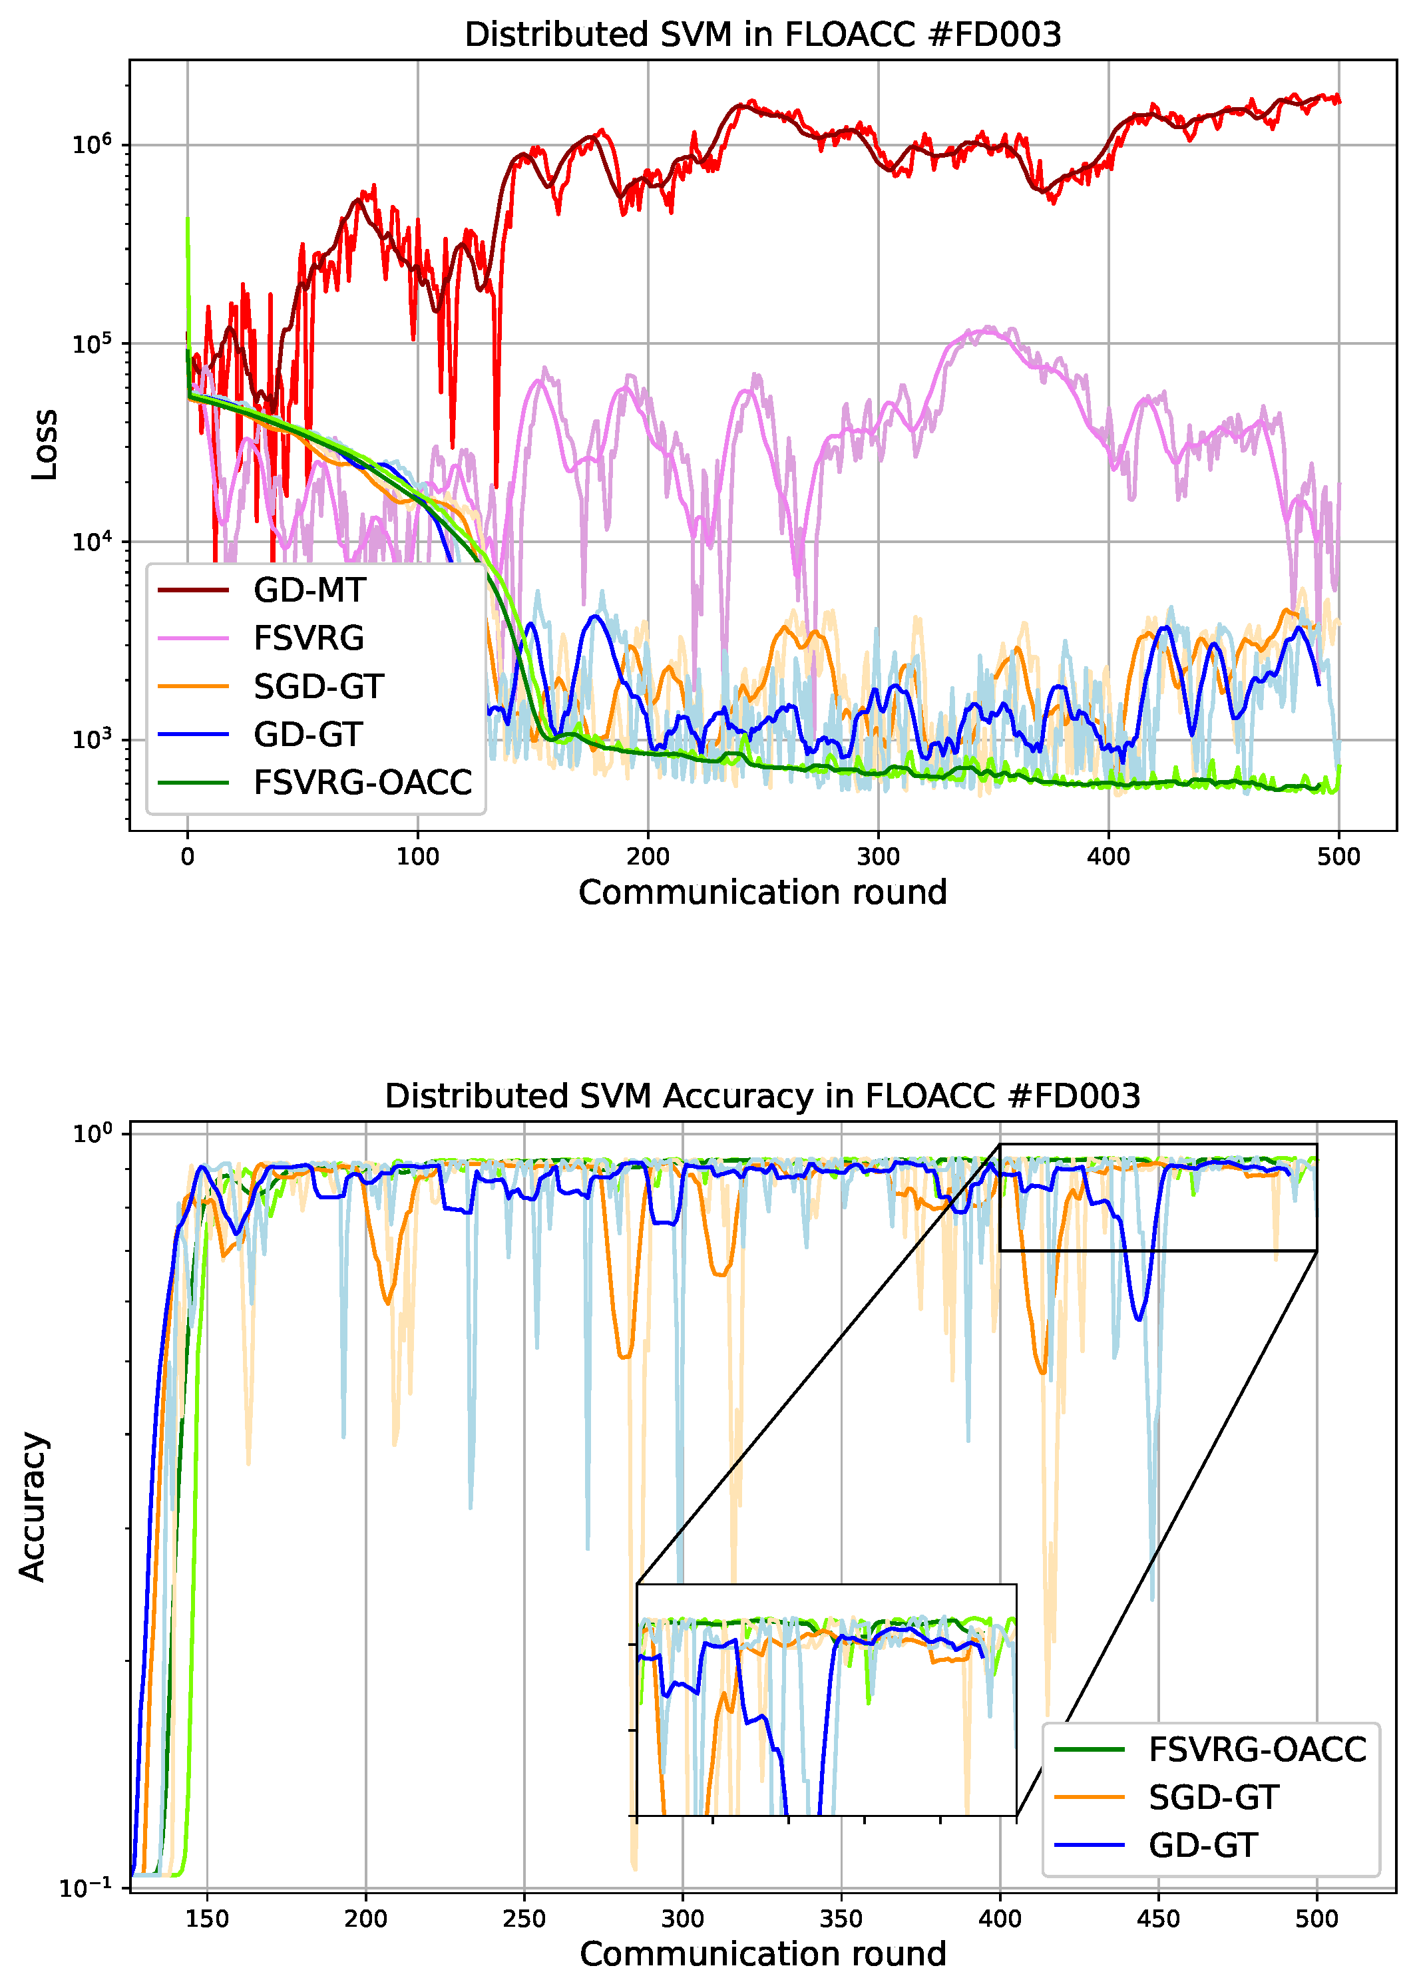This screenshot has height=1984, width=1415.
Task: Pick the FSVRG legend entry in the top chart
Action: point(308,639)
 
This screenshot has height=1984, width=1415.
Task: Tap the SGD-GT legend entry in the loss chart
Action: point(318,687)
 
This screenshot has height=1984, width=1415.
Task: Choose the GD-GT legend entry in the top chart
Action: point(307,735)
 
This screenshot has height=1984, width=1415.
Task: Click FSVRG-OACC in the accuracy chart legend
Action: point(1257,1749)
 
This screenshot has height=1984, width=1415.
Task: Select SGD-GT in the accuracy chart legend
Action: point(1213,1797)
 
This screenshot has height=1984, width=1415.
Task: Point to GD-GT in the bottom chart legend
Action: point(1203,1845)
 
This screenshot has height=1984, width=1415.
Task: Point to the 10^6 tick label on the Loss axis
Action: point(93,144)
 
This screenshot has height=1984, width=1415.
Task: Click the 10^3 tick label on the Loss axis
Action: point(93,739)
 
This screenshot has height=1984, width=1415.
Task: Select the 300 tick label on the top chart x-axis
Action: point(879,857)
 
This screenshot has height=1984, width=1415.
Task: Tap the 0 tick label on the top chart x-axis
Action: point(187,857)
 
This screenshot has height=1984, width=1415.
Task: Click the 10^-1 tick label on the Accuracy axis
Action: point(85,1888)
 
